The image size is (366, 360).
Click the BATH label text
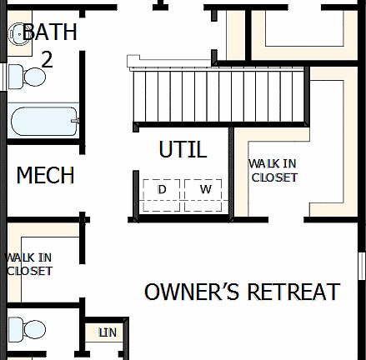49,34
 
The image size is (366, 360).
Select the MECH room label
46,177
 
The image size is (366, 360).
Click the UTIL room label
183,151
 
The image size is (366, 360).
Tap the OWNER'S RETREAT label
243,292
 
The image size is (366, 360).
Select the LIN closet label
107,332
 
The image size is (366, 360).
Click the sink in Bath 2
18,34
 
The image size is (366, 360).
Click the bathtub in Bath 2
43,122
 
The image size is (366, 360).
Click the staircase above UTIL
218,96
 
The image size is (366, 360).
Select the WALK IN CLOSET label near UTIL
273,170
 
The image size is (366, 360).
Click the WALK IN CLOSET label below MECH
29,264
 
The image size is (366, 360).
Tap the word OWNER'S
188,292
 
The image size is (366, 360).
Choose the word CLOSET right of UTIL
273,177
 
